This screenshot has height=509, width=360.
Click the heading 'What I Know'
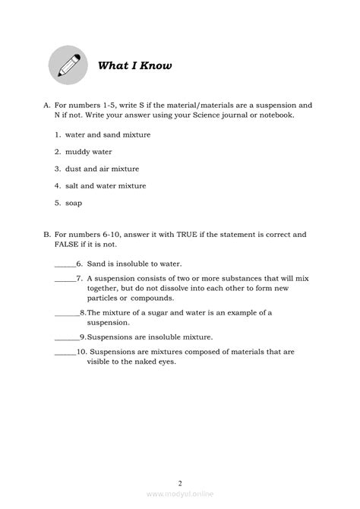(x=134, y=65)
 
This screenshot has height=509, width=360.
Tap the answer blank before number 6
(x=65, y=262)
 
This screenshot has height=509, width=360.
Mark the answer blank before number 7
(x=65, y=279)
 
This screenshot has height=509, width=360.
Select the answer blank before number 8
(x=66, y=312)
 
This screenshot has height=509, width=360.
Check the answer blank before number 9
(x=66, y=336)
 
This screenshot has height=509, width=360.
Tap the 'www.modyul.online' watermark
(x=180, y=498)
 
